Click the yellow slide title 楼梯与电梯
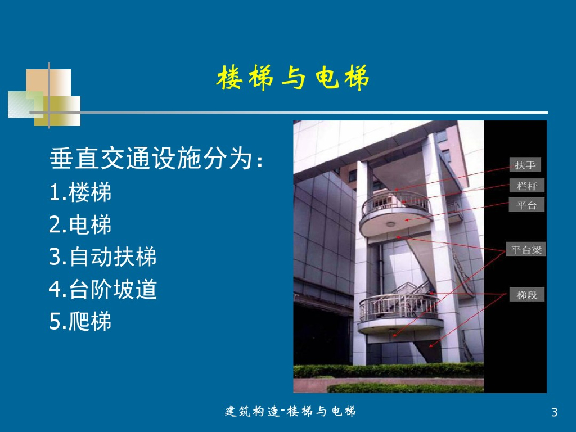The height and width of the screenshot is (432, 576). click(292, 78)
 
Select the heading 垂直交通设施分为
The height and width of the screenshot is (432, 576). click(151, 158)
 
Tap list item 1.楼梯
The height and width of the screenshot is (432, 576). click(80, 192)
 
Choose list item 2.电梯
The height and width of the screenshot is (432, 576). click(80, 224)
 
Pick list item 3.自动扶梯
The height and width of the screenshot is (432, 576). click(103, 256)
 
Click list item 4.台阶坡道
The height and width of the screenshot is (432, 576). click(103, 289)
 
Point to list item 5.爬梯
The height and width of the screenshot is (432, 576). click(80, 321)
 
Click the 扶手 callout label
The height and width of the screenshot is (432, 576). click(525, 165)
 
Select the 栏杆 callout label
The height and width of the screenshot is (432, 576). click(526, 186)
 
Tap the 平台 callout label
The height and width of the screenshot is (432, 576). click(526, 205)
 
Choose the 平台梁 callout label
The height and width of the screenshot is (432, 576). click(526, 249)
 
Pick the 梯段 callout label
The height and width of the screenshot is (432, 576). click(526, 295)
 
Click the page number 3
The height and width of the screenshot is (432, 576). click(554, 412)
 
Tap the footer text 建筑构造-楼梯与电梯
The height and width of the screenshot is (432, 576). click(290, 411)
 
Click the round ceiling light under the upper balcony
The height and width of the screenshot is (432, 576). click(390, 224)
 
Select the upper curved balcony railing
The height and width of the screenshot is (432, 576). click(395, 202)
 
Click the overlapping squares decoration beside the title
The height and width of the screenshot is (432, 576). click(44, 97)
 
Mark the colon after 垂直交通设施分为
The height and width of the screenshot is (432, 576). click(260, 162)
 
